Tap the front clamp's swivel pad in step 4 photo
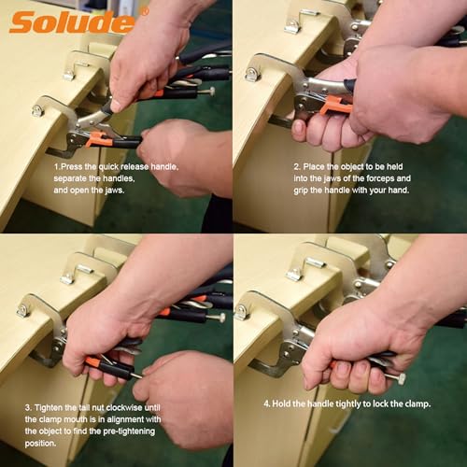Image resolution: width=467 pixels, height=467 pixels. pos(241,310)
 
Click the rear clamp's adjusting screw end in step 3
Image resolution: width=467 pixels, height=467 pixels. pos(220,318)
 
